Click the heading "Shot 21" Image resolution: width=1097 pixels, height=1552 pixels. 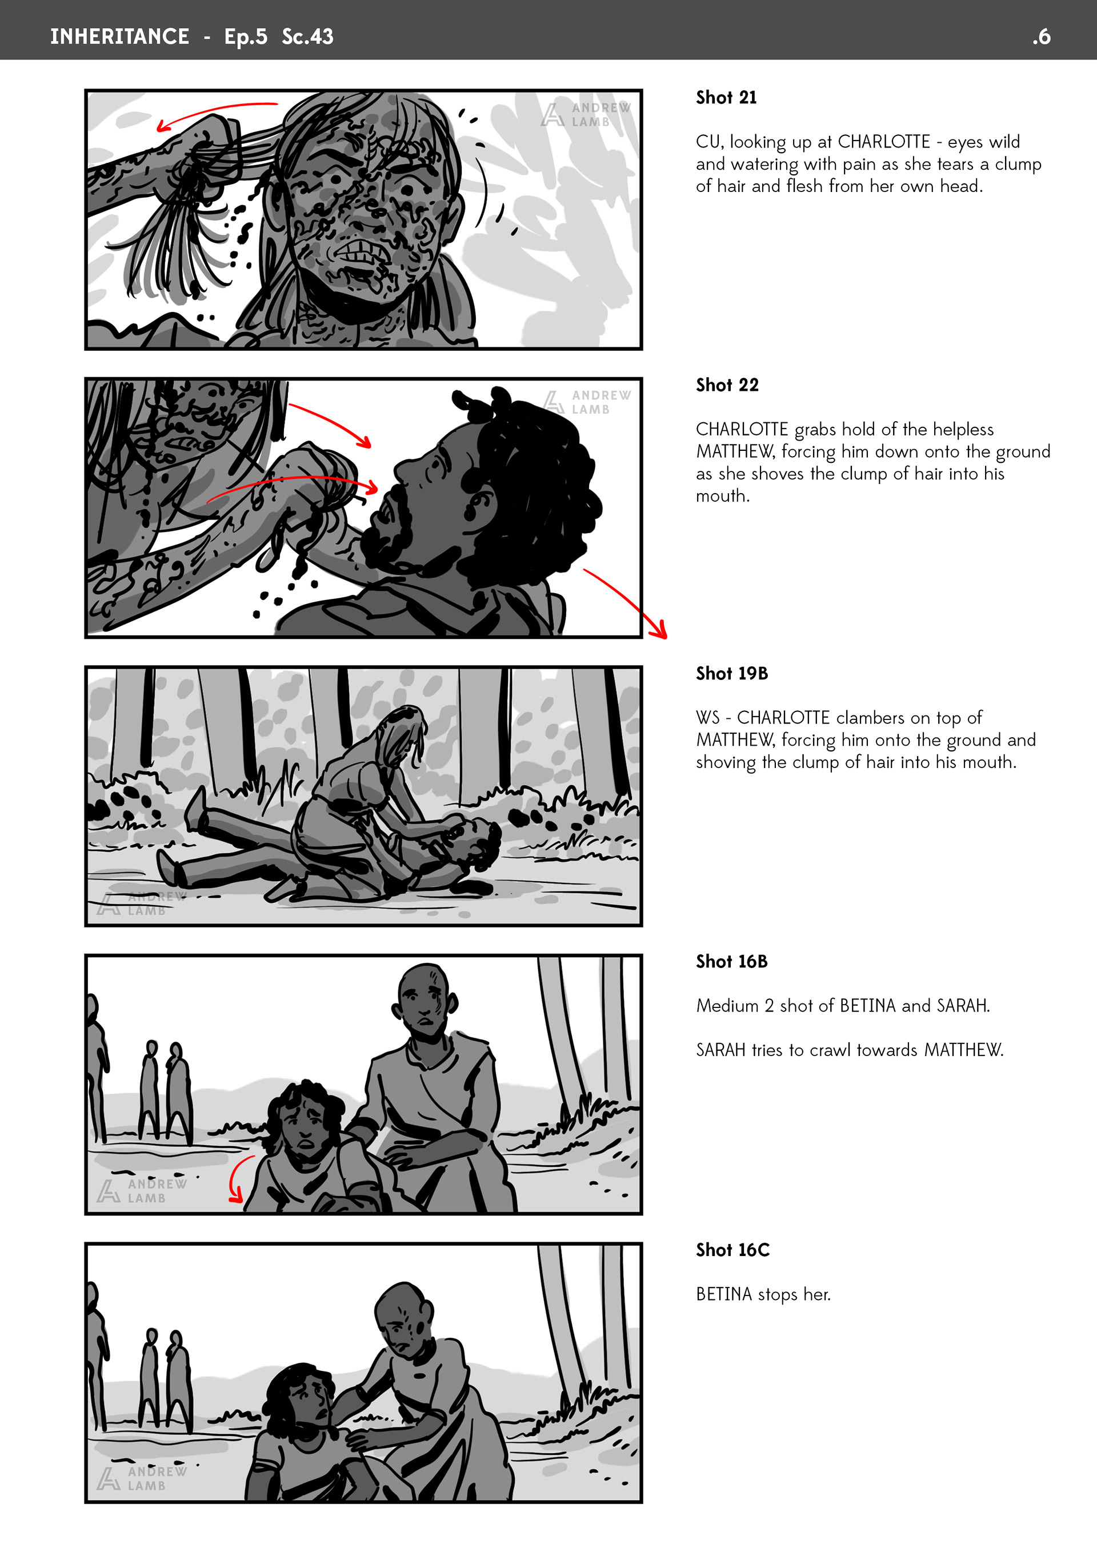coord(726,97)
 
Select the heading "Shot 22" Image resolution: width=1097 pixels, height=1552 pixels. coord(727,385)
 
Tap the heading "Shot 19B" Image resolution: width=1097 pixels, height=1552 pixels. coord(732,673)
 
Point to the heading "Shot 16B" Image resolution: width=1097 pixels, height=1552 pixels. coord(732,961)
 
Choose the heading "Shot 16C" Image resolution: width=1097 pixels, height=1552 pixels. coord(732,1250)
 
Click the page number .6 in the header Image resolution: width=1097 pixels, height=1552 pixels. coord(1042,37)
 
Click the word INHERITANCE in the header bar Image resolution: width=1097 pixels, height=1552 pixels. coord(119,37)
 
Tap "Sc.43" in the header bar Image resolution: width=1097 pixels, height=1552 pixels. coord(307,37)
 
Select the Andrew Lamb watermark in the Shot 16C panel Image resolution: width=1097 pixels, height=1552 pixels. coord(142,1478)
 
